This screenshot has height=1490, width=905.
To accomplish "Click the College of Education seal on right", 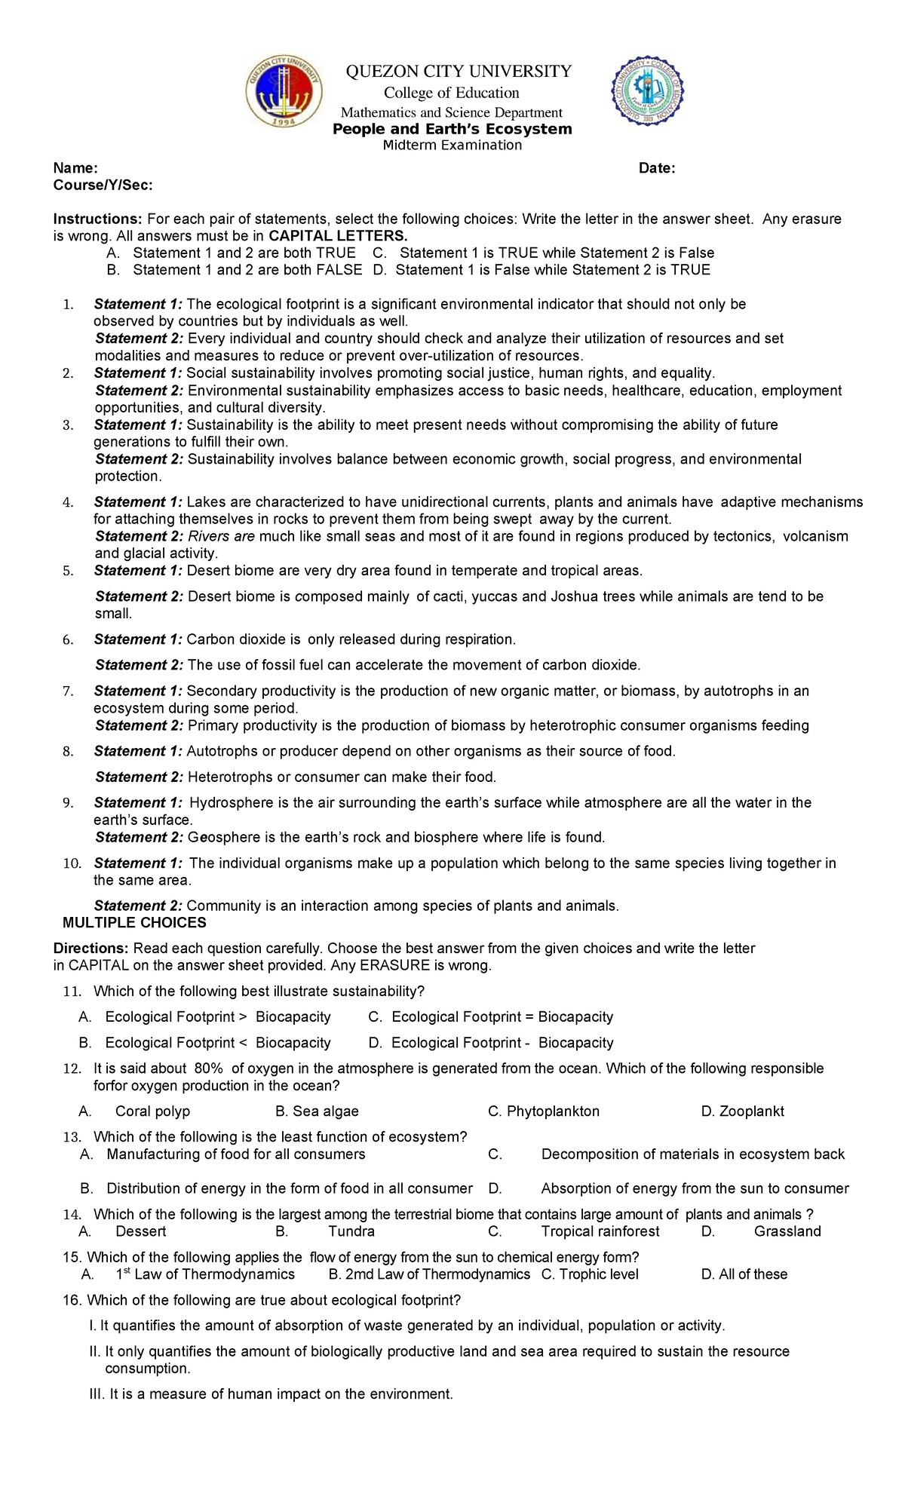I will pos(647,90).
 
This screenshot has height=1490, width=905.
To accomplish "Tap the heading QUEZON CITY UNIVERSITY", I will pos(459,72).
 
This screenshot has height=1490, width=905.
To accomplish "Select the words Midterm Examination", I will pos(452,146).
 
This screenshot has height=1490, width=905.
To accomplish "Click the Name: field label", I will pos(75,168).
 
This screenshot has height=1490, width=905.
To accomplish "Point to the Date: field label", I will pos(657,168).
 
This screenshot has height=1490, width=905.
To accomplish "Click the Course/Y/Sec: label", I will pos(103,185).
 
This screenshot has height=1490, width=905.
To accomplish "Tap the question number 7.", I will pos(68,691).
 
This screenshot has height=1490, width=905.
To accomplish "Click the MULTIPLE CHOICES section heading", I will pos(134,923).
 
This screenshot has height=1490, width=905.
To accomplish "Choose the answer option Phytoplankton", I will pos(553,1111).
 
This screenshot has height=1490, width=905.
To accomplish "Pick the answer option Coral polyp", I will pos(152,1111).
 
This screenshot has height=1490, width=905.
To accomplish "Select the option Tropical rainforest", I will pos(600,1231).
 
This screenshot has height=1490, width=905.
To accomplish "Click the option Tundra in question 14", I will pos(351,1231).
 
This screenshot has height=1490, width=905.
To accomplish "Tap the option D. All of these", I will pos(744,1274).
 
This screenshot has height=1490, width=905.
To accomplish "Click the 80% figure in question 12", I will pos(209,1068).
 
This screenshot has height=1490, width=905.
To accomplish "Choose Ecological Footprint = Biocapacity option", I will pos(502,1017).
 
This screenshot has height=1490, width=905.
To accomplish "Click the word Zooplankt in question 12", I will pos(751,1111).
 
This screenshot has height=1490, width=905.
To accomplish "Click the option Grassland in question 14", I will pos(787,1231).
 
